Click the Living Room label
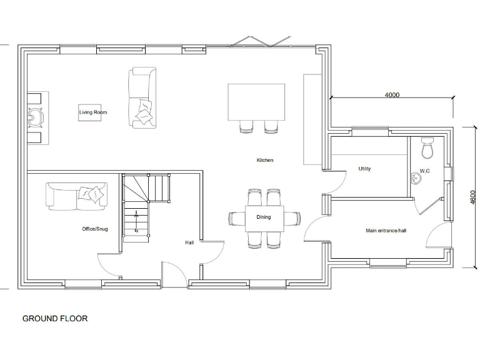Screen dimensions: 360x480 tap(92, 112)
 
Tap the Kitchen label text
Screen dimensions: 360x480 tap(265, 161)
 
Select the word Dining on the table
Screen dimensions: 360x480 tap(264, 217)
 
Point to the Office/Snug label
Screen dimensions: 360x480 tap(94, 229)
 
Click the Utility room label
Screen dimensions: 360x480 tap(364, 169)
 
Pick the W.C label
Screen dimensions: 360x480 tap(424, 171)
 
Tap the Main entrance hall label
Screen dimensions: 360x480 tap(386, 231)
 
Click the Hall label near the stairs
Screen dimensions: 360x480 tap(189, 242)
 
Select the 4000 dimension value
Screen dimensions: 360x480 tap(392, 95)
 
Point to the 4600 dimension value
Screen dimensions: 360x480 tap(473, 197)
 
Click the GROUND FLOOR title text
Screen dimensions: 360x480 tap(55, 319)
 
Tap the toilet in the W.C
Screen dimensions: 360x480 tap(427, 149)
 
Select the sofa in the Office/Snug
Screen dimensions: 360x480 tap(76, 196)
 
